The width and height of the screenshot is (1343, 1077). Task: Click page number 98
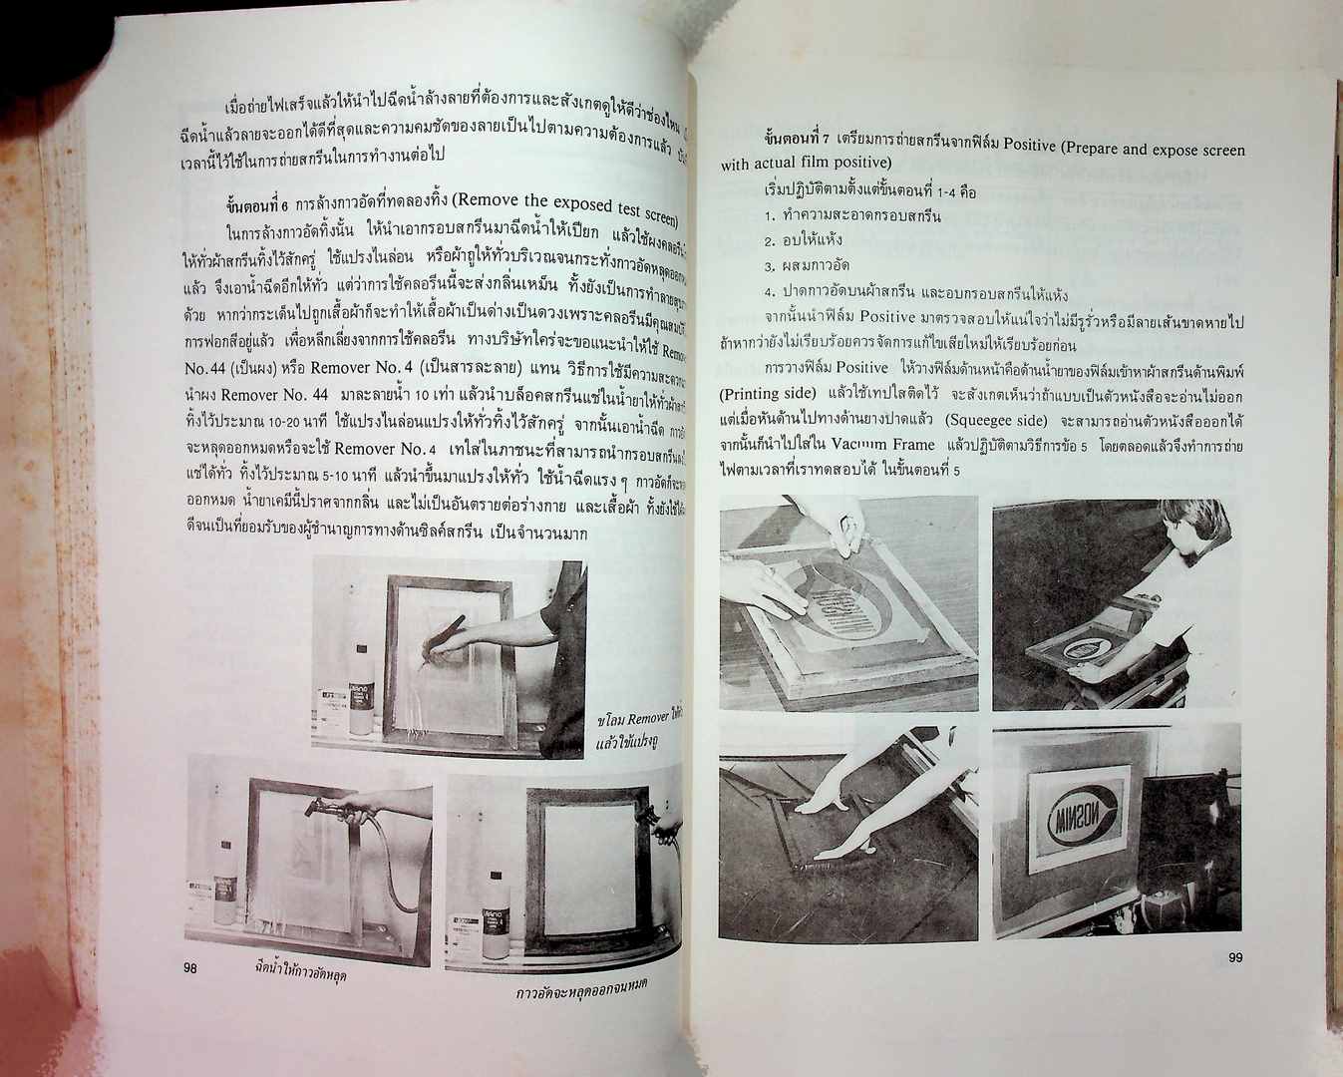(190, 967)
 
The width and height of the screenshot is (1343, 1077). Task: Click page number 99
(1234, 958)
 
